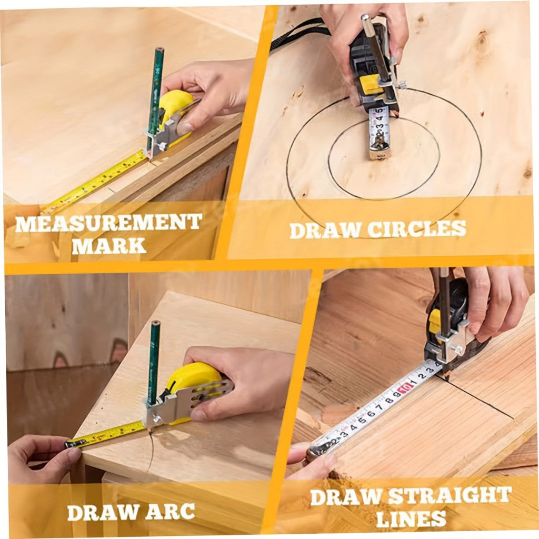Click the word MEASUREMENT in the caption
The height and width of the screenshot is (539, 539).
pos(108,223)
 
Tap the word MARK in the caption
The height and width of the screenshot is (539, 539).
pos(109,246)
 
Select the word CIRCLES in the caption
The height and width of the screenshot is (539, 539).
pos(417,229)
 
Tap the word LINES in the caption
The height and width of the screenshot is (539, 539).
pos(411,518)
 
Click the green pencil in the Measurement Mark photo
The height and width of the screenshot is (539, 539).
pos(155,99)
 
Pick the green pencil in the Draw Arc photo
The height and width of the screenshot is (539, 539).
pos(154,363)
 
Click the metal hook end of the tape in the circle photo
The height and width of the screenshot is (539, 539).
pos(379,148)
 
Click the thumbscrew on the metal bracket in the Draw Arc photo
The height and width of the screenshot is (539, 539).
pos(156,419)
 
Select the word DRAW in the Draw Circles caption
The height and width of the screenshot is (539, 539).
pos(325,231)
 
